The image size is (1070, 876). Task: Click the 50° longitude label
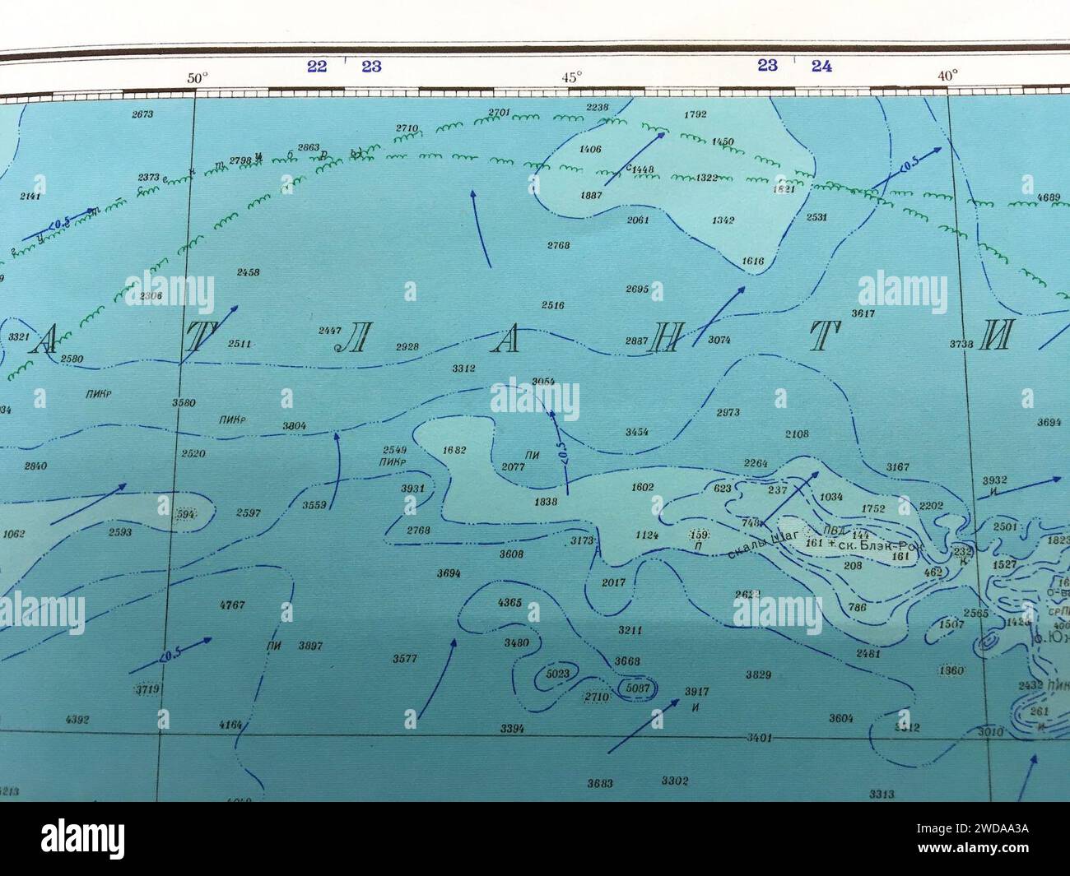click(198, 79)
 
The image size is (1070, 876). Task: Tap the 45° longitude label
click(572, 76)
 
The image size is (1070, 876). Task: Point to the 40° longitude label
click(947, 76)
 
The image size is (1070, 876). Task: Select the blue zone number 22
click(317, 67)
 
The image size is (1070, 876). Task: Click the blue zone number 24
click(821, 67)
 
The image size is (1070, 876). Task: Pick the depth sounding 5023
click(558, 674)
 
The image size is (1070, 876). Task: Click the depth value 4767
click(233, 605)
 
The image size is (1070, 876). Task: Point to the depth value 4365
click(510, 603)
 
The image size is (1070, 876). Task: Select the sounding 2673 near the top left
click(142, 114)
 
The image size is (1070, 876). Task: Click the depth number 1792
click(695, 114)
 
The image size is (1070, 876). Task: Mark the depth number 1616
click(753, 262)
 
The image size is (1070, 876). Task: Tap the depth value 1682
click(454, 450)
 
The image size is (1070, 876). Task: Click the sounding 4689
click(1049, 197)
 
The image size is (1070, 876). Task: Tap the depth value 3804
click(294, 426)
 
